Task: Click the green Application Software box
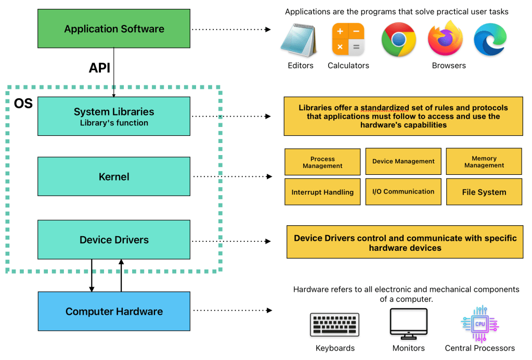114,29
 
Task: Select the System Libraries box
114,116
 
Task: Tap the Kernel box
114,176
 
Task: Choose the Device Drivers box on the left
114,240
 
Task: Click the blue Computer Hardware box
114,311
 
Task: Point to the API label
99,68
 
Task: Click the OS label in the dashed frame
23,104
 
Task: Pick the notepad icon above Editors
299,41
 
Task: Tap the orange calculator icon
348,40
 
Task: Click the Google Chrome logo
398,40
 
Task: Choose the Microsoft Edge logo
490,40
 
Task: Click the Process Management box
322,162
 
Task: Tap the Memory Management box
484,161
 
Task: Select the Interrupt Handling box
322,192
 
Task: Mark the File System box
484,192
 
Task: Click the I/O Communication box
403,191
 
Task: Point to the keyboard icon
334,325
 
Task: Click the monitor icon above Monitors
409,324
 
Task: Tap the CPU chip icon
479,324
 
